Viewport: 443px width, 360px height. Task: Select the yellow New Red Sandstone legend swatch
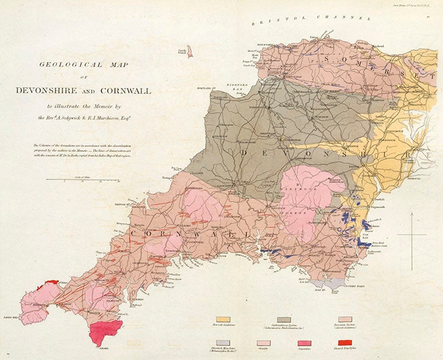(224, 320)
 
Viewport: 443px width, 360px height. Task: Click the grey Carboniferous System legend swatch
(284, 320)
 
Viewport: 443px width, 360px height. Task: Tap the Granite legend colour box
(264, 343)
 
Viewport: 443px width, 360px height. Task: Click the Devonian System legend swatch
(345, 320)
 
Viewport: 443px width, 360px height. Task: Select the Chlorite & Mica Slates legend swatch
(224, 343)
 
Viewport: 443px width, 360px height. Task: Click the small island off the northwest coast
(189, 52)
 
